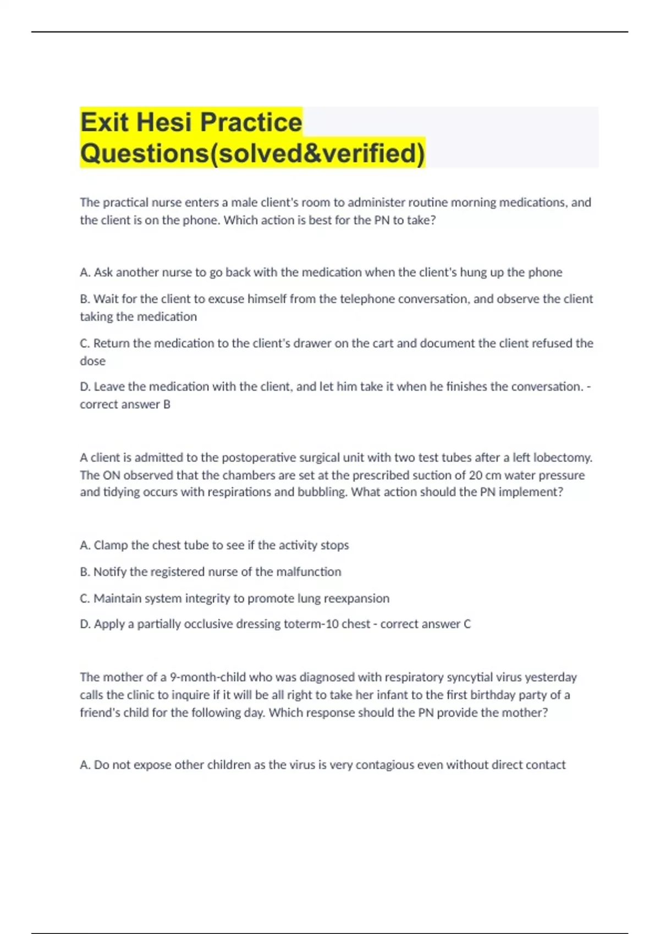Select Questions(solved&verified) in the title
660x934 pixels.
pyautogui.click(x=252, y=153)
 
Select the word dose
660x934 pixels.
pyautogui.click(x=92, y=361)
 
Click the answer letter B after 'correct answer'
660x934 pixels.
pyautogui.click(x=167, y=404)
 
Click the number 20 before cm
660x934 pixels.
pyautogui.click(x=476, y=475)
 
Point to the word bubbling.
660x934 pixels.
pyautogui.click(x=322, y=492)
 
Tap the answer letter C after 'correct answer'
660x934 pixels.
pyautogui.click(x=467, y=624)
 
